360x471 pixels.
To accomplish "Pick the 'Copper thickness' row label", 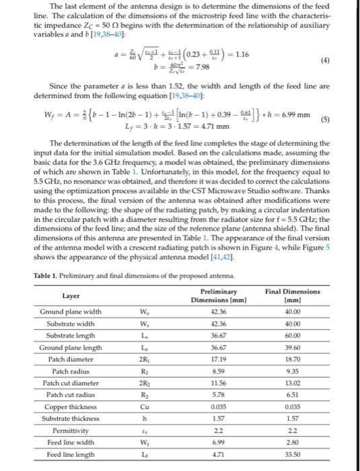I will tap(71, 407).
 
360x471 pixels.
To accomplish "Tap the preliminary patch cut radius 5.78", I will tap(218, 395).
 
